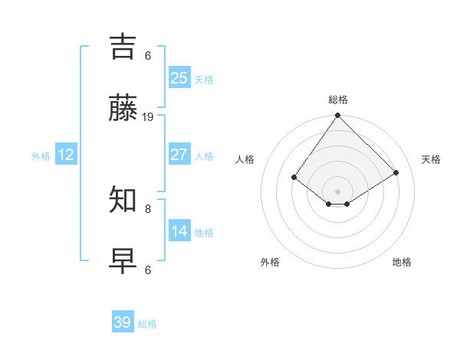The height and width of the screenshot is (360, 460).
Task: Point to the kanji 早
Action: pyautogui.click(x=123, y=260)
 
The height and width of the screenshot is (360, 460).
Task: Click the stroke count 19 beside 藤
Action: pyautogui.click(x=148, y=117)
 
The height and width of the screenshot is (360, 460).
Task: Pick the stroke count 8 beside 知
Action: pyautogui.click(x=148, y=208)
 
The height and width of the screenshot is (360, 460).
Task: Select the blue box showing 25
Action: pyautogui.click(x=179, y=78)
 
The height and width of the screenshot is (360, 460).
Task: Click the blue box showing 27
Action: pyautogui.click(x=179, y=155)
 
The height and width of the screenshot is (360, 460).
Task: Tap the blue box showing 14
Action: pyautogui.click(x=179, y=231)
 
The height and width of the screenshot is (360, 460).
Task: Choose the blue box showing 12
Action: pyautogui.click(x=66, y=155)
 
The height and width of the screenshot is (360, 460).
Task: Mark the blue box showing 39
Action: pyautogui.click(x=123, y=322)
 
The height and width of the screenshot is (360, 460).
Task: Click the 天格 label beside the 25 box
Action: pyautogui.click(x=204, y=80)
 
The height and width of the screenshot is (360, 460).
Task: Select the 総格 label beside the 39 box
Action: pyautogui.click(x=147, y=324)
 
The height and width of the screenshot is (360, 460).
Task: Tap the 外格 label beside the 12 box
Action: pyautogui.click(x=41, y=156)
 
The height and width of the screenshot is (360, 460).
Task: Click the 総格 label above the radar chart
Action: pyautogui.click(x=338, y=100)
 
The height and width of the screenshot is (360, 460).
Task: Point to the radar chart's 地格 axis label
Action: pyautogui.click(x=402, y=262)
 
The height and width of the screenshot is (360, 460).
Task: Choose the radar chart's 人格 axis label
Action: pyautogui.click(x=245, y=159)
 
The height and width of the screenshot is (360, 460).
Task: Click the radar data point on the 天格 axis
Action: pyautogui.click(x=396, y=172)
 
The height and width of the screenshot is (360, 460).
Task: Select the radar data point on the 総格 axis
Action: pyautogui.click(x=338, y=116)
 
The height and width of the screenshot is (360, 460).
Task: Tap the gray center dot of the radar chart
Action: pyautogui.click(x=338, y=191)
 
